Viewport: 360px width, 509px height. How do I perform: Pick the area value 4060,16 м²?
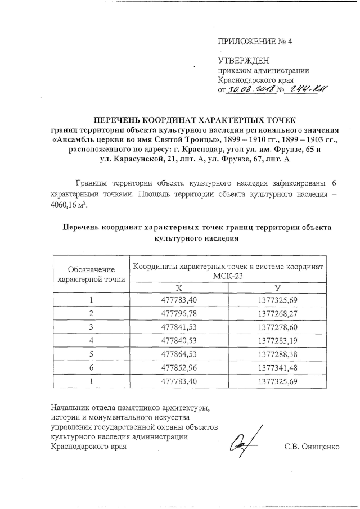(x=69, y=204)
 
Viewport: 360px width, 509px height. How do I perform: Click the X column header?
(x=179, y=287)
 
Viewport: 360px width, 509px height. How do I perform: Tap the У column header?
(x=276, y=287)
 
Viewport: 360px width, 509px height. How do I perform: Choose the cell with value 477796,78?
(x=179, y=312)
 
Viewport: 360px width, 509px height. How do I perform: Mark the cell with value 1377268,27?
(x=276, y=312)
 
